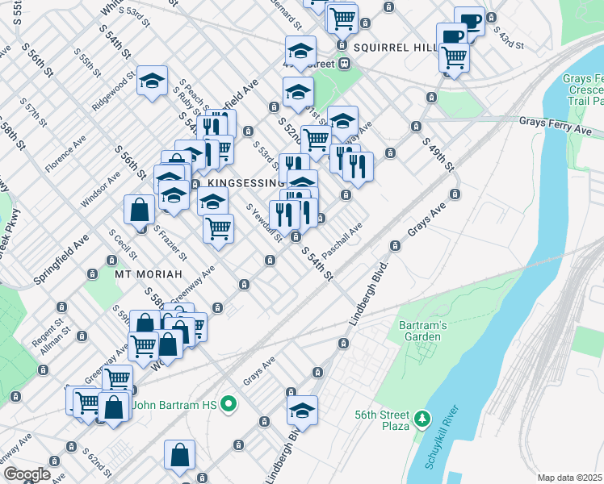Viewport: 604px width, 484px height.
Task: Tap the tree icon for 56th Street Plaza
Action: tap(421, 418)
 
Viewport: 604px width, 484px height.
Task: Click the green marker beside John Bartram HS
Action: tap(229, 404)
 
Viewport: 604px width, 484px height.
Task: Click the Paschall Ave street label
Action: tap(344, 236)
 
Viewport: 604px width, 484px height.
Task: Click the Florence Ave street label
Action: tap(65, 150)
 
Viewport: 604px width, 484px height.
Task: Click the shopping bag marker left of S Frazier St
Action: tap(140, 210)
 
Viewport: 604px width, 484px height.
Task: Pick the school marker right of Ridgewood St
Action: tap(152, 81)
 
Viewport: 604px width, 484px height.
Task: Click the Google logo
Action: tap(27, 474)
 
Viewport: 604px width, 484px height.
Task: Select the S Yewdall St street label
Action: tap(264, 221)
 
